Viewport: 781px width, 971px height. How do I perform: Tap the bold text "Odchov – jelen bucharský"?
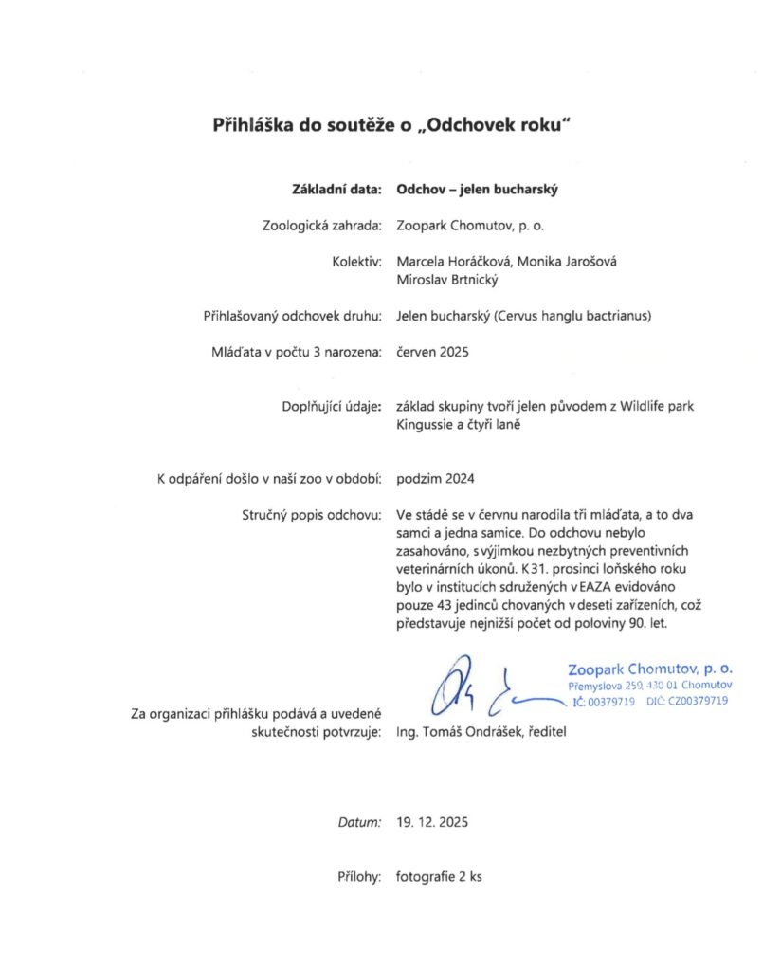pos(477,189)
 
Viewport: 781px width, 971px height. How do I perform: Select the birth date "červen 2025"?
pos(433,351)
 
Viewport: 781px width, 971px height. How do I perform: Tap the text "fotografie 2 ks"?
pos(440,876)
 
